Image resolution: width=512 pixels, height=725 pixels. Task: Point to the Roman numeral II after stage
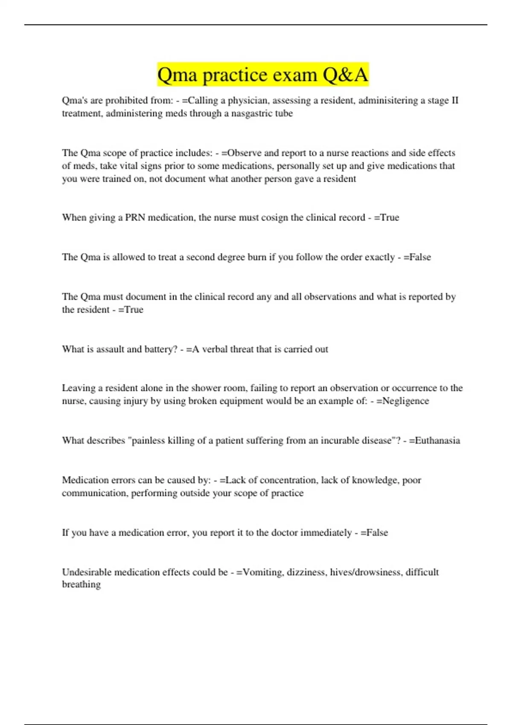click(454, 101)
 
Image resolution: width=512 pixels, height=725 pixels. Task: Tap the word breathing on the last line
click(81, 585)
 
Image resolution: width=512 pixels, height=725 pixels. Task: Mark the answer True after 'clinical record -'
click(390, 217)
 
